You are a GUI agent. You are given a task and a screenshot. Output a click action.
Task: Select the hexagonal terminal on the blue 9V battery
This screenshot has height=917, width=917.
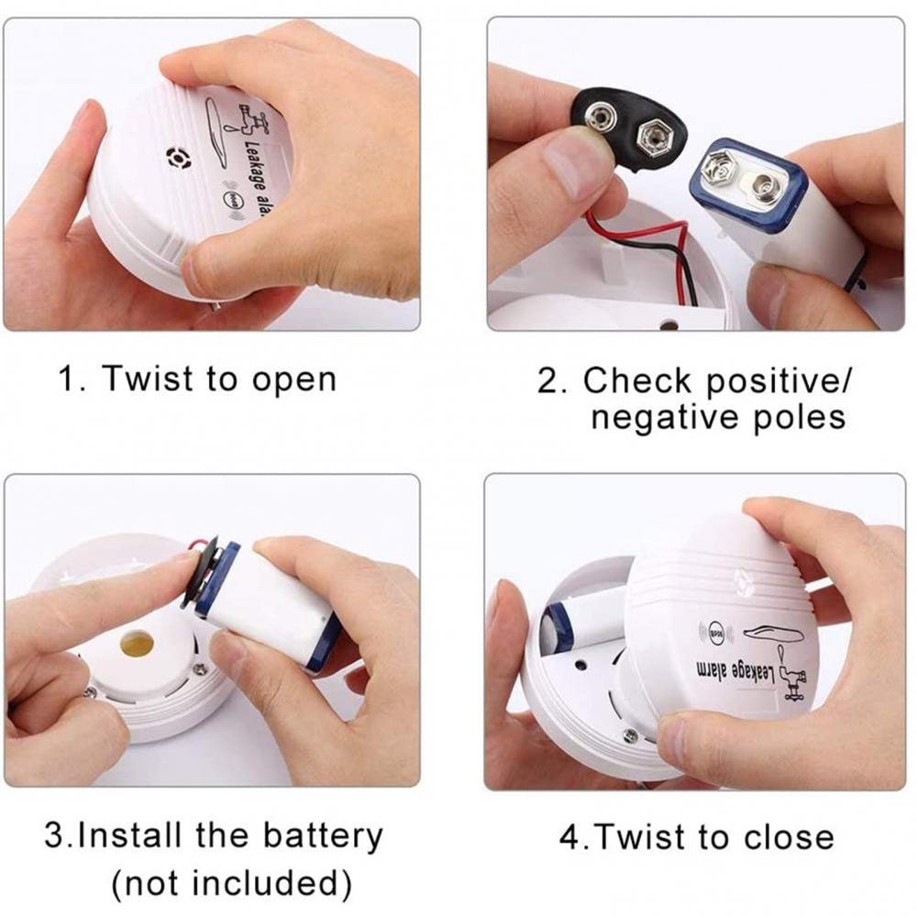717,171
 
